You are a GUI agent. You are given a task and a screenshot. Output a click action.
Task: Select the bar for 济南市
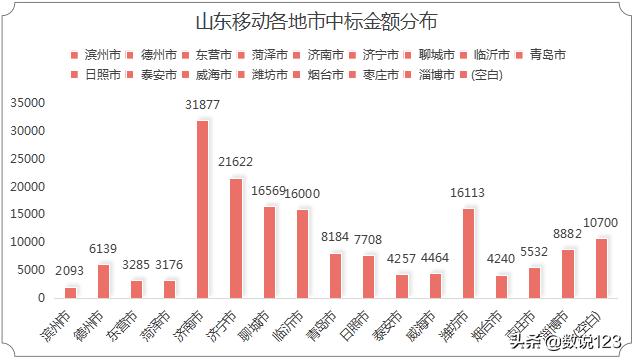click(202, 209)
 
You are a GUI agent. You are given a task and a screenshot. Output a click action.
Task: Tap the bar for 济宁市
click(236, 238)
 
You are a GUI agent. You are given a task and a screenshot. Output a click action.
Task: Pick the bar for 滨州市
click(70, 292)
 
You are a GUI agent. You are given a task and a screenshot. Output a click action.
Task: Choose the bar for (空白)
click(601, 268)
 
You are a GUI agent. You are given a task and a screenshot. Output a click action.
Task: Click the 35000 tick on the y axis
click(27, 103)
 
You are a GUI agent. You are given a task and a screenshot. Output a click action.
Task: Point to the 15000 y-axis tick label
click(27, 214)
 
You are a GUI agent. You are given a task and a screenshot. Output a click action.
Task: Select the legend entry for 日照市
click(104, 75)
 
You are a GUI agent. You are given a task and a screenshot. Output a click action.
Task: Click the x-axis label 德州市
click(98, 325)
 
